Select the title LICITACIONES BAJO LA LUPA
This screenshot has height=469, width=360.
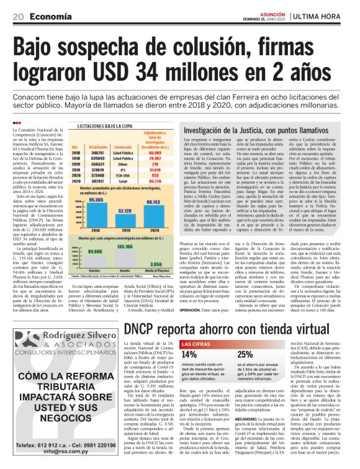107,126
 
